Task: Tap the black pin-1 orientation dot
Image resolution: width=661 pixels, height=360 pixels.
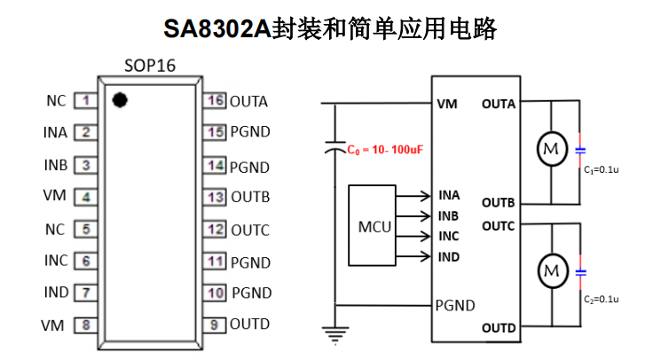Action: click(120, 99)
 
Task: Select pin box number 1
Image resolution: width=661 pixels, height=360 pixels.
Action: click(85, 100)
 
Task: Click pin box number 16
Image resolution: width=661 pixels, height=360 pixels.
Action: click(215, 100)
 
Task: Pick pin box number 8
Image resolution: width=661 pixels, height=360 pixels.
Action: click(85, 325)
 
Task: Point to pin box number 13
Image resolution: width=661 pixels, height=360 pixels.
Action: click(215, 197)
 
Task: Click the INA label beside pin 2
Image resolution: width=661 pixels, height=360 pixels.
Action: click(55, 133)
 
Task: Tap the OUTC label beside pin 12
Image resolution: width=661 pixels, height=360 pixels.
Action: click(250, 230)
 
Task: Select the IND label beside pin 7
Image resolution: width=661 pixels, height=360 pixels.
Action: click(56, 293)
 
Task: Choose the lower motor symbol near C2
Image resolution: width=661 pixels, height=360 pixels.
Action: click(552, 269)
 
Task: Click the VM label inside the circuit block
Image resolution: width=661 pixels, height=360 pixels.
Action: click(447, 105)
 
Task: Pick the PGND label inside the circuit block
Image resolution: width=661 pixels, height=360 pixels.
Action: click(454, 306)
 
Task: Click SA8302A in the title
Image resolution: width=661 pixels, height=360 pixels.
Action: click(216, 28)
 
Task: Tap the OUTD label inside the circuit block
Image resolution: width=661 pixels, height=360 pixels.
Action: click(499, 328)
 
